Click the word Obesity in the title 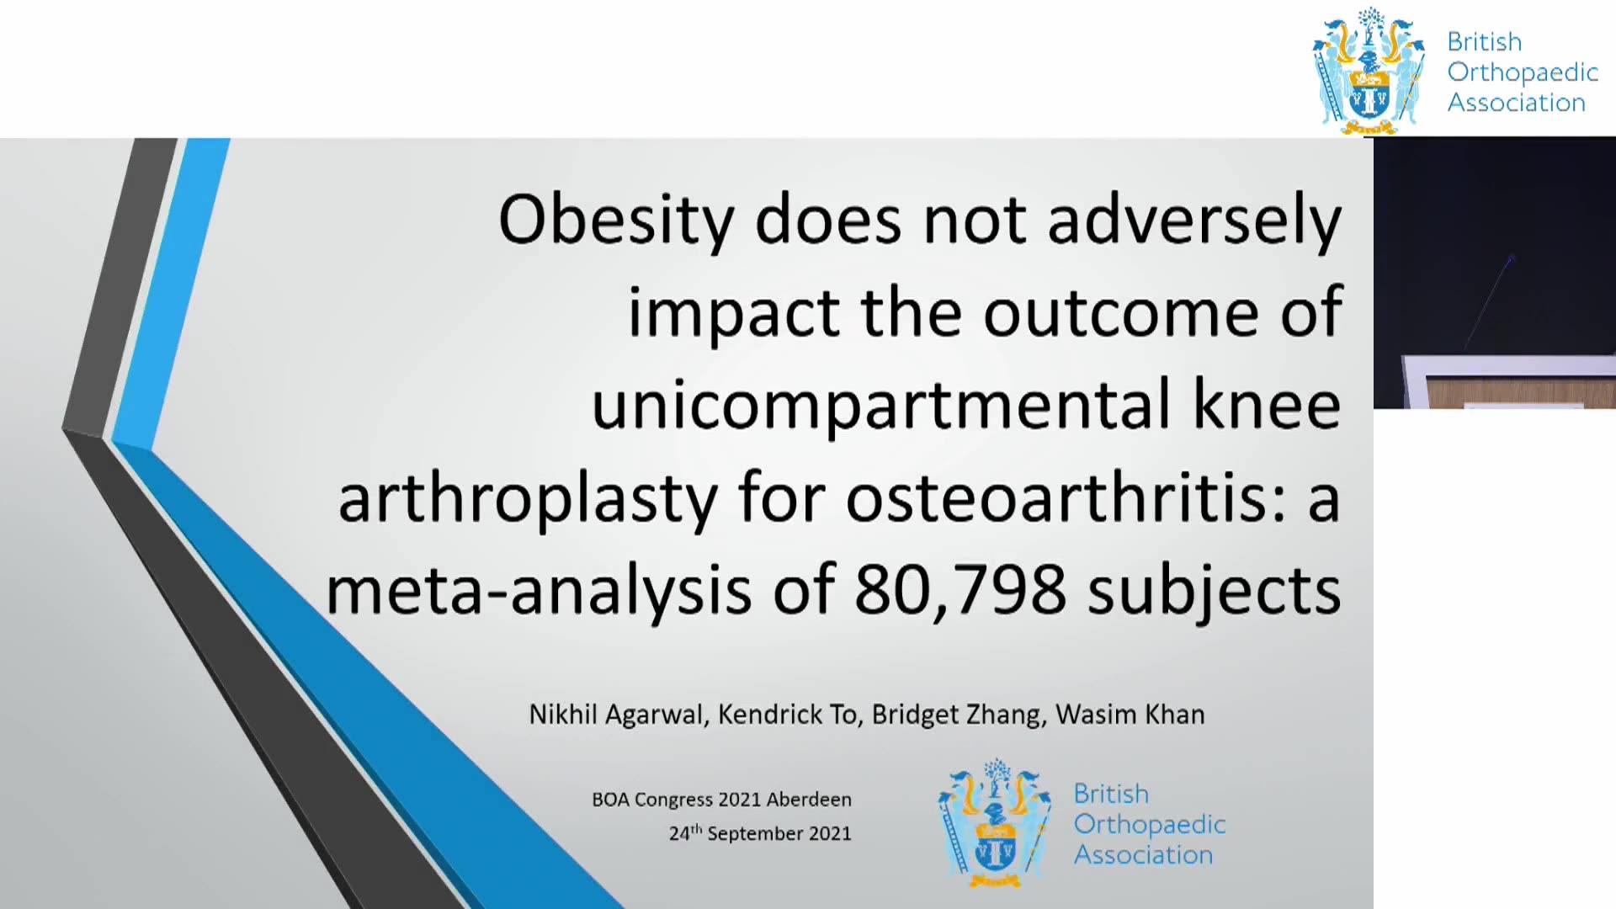point(616,221)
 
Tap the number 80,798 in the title point(960,589)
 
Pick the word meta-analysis point(539,591)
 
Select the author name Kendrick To point(789,715)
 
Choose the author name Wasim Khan point(1130,715)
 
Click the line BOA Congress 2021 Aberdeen point(721,800)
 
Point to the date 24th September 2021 point(760,833)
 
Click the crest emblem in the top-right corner point(1369,72)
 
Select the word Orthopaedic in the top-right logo point(1523,73)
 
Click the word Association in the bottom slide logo point(1143,855)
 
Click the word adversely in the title point(1194,221)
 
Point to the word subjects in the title point(1215,591)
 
